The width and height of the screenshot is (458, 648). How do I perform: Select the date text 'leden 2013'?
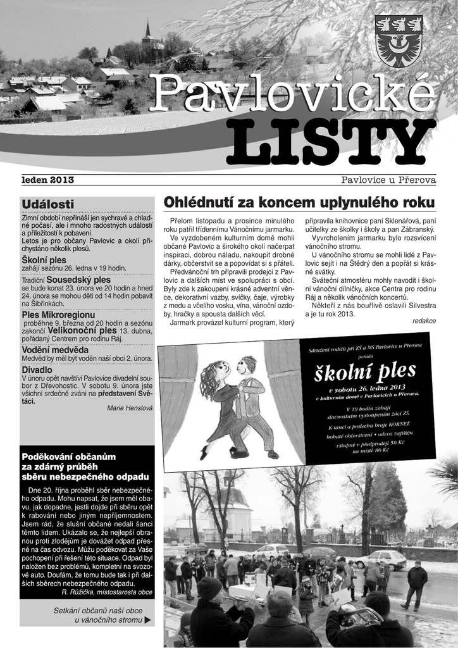pos(48,180)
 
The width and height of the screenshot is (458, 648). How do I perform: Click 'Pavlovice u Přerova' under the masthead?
pos(388,180)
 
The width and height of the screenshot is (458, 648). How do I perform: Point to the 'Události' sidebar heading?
pos(47,204)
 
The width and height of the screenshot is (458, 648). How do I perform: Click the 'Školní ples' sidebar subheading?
pos(44,260)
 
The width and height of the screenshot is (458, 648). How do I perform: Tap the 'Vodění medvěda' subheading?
pos(55,349)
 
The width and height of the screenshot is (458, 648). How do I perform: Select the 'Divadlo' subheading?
pos(37,370)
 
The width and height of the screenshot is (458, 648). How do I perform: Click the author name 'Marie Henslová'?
pos(130,408)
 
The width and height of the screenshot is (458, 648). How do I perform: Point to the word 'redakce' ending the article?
pos(424,321)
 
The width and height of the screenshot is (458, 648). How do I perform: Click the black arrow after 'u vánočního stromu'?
pos(148,620)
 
